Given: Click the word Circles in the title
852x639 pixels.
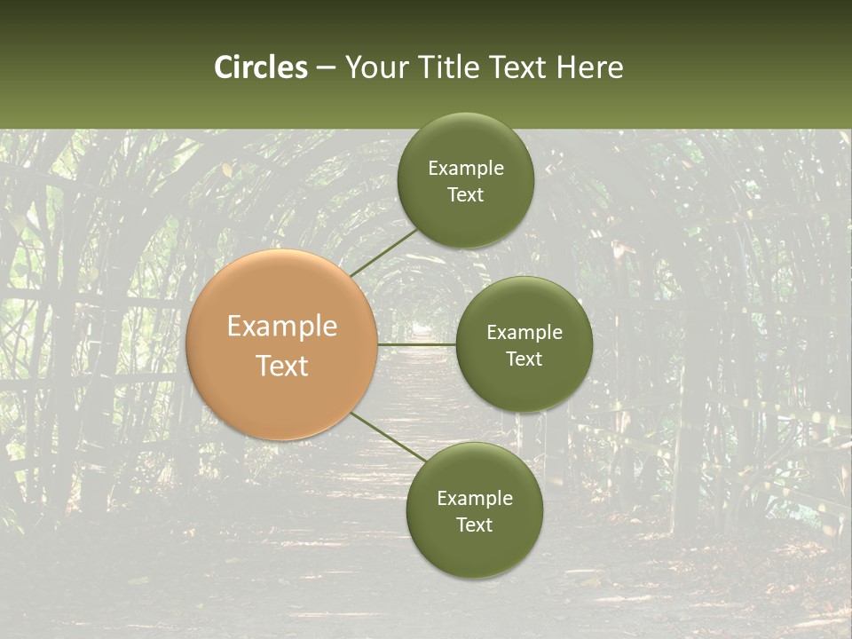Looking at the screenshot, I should [261, 67].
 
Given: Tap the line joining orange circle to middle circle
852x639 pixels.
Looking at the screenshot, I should [416, 343].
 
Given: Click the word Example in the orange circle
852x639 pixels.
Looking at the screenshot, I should [282, 327].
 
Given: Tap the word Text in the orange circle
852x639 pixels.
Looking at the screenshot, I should [282, 366].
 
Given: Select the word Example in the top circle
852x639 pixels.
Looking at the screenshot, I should [466, 169].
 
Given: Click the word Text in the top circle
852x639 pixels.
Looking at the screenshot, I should [465, 195].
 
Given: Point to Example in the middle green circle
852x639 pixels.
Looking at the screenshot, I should [525, 333].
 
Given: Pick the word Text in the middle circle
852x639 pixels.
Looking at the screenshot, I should [524, 359].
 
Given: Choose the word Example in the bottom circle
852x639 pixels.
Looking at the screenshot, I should [475, 499].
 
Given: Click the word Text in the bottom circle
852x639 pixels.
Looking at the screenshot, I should [474, 525].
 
